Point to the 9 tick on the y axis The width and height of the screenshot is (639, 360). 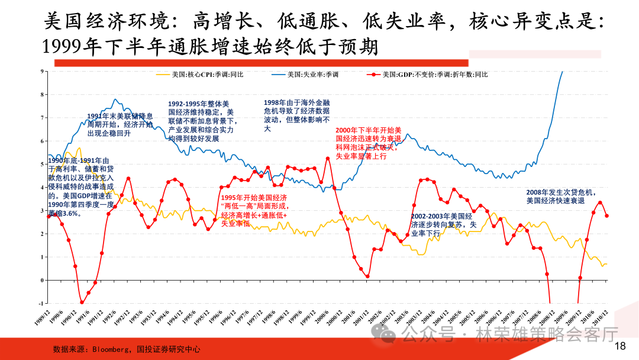(43, 71)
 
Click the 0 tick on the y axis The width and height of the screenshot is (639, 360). (43, 280)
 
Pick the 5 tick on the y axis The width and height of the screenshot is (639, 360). (43, 164)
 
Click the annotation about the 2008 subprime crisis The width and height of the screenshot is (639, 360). (561, 197)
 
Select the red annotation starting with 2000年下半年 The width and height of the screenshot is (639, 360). (369, 143)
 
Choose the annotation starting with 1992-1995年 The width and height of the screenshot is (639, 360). (201, 121)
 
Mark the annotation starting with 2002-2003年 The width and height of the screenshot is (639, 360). (443, 225)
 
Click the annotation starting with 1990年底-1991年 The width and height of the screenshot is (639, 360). (80, 187)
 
